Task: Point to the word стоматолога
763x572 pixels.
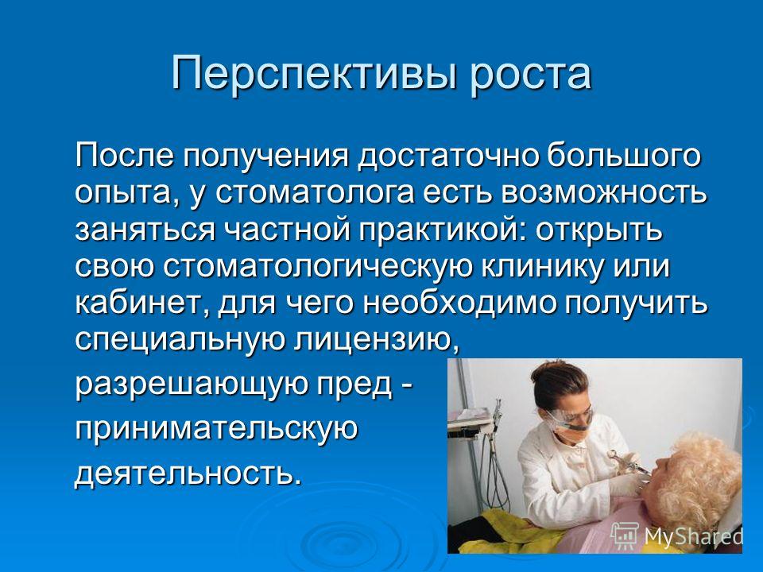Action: click(315, 193)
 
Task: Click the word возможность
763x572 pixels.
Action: click(604, 193)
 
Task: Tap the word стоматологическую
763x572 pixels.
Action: click(318, 269)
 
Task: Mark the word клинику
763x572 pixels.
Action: click(543, 269)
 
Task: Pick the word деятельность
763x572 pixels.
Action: click(185, 473)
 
